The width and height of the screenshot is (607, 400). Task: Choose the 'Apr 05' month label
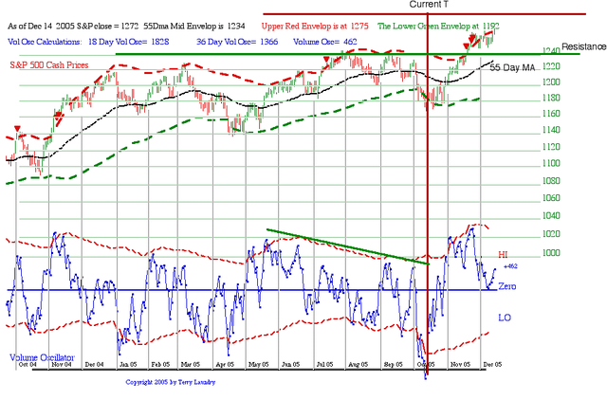(x=224, y=364)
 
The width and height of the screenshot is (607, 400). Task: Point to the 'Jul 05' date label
(x=325, y=364)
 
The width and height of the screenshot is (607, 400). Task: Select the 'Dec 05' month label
(x=489, y=364)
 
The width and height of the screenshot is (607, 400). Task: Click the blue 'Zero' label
(x=507, y=286)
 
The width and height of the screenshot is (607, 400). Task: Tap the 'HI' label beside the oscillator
(x=505, y=256)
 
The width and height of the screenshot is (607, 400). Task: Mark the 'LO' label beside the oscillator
(x=505, y=318)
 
